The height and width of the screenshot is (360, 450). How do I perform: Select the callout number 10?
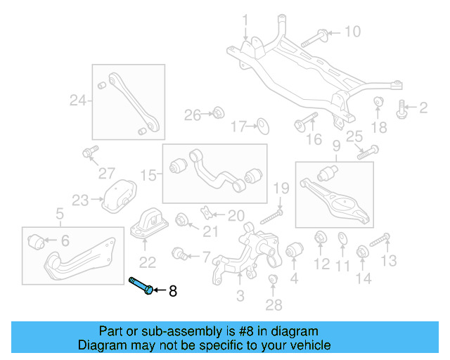pos(352,32)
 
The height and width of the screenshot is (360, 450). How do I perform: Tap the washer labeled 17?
pos(262,126)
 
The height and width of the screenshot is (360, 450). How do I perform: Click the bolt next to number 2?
pos(403,108)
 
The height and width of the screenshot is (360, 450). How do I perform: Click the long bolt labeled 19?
pos(272,214)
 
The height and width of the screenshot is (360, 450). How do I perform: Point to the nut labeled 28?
pos(274,283)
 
